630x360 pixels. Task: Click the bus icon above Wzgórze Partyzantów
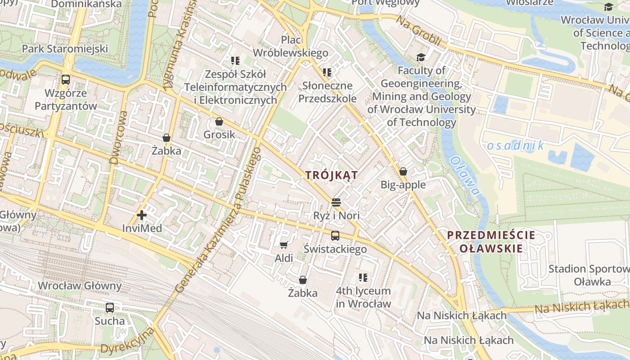pos(66,80)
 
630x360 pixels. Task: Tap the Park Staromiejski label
pos(65,49)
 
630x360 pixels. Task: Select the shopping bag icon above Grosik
pos(219,121)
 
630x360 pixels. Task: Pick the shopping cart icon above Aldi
pos(283,245)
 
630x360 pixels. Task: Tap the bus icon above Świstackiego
pos(335,235)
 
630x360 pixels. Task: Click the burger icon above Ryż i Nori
pos(336,202)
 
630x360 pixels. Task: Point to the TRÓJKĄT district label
pos(332,175)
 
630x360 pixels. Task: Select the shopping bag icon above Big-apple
pos(403,171)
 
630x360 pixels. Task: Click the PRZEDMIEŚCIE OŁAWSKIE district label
pos(491,242)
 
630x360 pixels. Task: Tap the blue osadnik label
pos(515,145)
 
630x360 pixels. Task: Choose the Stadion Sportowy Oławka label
pos(589,275)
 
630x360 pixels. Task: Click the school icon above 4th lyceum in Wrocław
pos(363,278)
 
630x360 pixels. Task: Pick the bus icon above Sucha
pos(110,308)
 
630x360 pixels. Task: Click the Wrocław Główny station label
pos(80,286)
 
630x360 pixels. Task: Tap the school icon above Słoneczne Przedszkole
pos(327,72)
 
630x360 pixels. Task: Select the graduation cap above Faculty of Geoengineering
pos(421,57)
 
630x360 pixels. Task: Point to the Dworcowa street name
pos(119,138)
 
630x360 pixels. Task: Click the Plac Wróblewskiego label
pos(291,46)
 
